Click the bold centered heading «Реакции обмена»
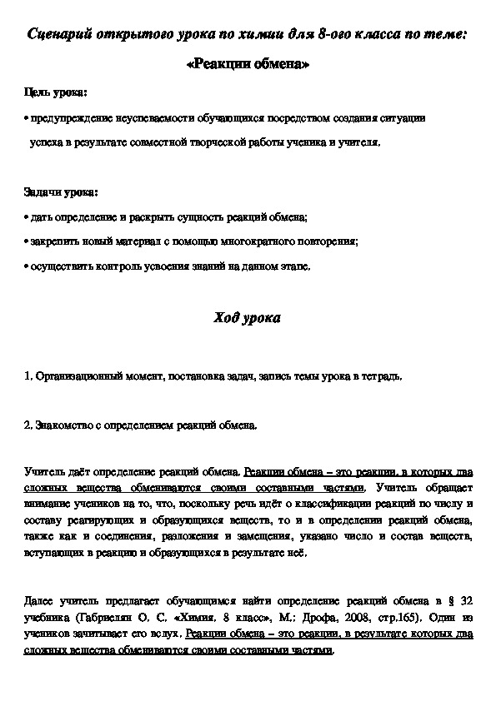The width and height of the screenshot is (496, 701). pos(248,66)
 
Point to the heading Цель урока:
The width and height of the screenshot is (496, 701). pos(54,92)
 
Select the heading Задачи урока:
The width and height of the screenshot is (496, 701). pos(60,192)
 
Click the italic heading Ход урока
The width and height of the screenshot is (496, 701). pos(248,319)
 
